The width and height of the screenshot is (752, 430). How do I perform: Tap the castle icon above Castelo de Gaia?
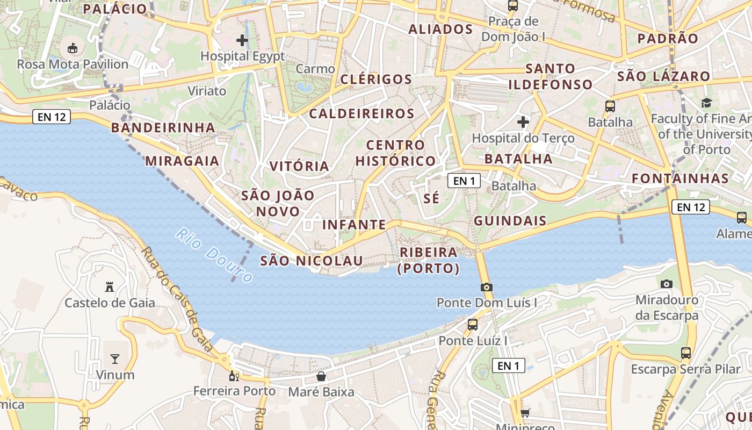pyautogui.click(x=110, y=287)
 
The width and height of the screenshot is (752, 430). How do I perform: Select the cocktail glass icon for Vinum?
pyautogui.click(x=115, y=359)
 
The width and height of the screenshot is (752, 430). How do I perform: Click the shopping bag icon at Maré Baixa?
pyautogui.click(x=321, y=376)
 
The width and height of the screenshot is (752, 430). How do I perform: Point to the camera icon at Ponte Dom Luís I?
pyautogui.click(x=487, y=287)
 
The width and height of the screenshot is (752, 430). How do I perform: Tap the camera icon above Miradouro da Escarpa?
pyautogui.click(x=667, y=284)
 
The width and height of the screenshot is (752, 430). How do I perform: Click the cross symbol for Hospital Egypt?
pyautogui.click(x=242, y=40)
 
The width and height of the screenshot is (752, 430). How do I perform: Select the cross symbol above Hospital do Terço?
pyautogui.click(x=523, y=122)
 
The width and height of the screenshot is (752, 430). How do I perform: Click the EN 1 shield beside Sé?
pyautogui.click(x=464, y=181)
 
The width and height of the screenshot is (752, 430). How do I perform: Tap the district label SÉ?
pyautogui.click(x=431, y=198)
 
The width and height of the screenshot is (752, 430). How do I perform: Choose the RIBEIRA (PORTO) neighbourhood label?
pyautogui.click(x=428, y=260)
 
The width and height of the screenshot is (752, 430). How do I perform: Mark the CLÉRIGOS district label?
pyautogui.click(x=376, y=80)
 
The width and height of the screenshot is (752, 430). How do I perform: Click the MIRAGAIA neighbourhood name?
pyautogui.click(x=182, y=161)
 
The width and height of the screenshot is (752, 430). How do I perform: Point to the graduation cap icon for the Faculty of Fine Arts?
pyautogui.click(x=706, y=103)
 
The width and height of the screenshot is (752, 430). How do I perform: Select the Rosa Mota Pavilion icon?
pyautogui.click(x=73, y=48)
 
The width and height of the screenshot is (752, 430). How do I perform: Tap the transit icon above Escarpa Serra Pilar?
pyautogui.click(x=686, y=353)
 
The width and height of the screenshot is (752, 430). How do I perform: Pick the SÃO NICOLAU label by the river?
pyautogui.click(x=312, y=261)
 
